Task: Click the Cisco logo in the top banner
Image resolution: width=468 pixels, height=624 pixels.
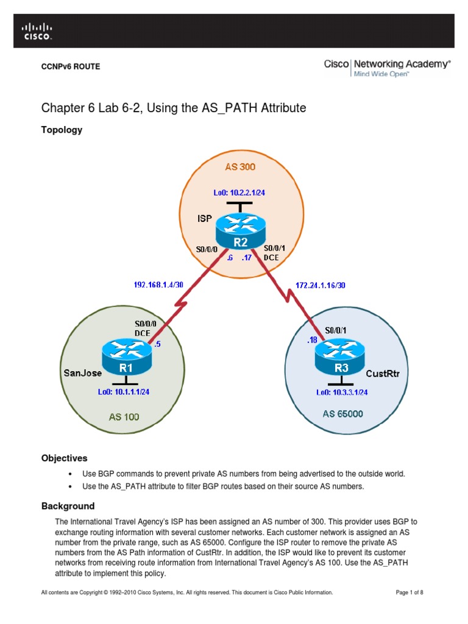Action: (37, 31)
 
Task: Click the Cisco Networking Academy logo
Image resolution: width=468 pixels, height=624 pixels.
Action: (387, 67)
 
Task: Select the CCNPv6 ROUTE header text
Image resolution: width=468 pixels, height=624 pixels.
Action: (70, 67)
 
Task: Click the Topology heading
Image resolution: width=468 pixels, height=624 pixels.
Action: (62, 130)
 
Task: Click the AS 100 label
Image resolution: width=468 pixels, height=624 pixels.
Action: (124, 417)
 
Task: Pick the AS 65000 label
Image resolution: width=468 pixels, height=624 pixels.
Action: (342, 414)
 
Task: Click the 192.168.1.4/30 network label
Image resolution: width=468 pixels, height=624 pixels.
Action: (158, 284)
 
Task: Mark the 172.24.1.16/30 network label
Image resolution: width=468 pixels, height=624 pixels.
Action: (321, 284)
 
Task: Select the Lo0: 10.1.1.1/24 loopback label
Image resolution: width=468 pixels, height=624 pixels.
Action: (124, 392)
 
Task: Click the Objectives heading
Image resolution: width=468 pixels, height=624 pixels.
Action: (65, 458)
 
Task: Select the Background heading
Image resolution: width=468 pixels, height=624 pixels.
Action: (68, 506)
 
